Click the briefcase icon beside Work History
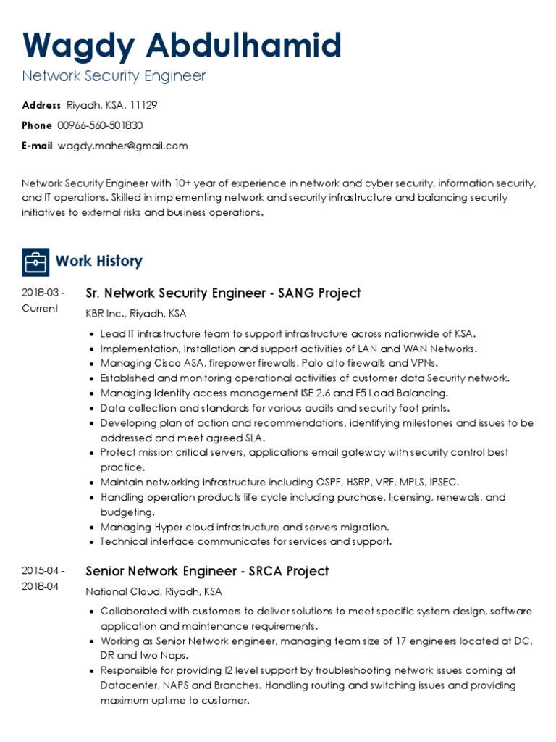point(35,262)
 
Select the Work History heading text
point(98,261)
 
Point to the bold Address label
point(41,105)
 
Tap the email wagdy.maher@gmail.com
point(122,146)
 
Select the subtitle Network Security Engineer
point(114,76)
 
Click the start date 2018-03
point(43,293)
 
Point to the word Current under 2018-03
point(40,308)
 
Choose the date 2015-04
point(43,571)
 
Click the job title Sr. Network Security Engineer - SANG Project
point(223,293)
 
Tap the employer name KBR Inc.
point(105,314)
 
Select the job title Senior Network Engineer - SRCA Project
point(207,571)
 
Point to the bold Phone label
point(37,125)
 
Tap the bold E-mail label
point(37,146)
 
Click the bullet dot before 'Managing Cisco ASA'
point(91,363)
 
